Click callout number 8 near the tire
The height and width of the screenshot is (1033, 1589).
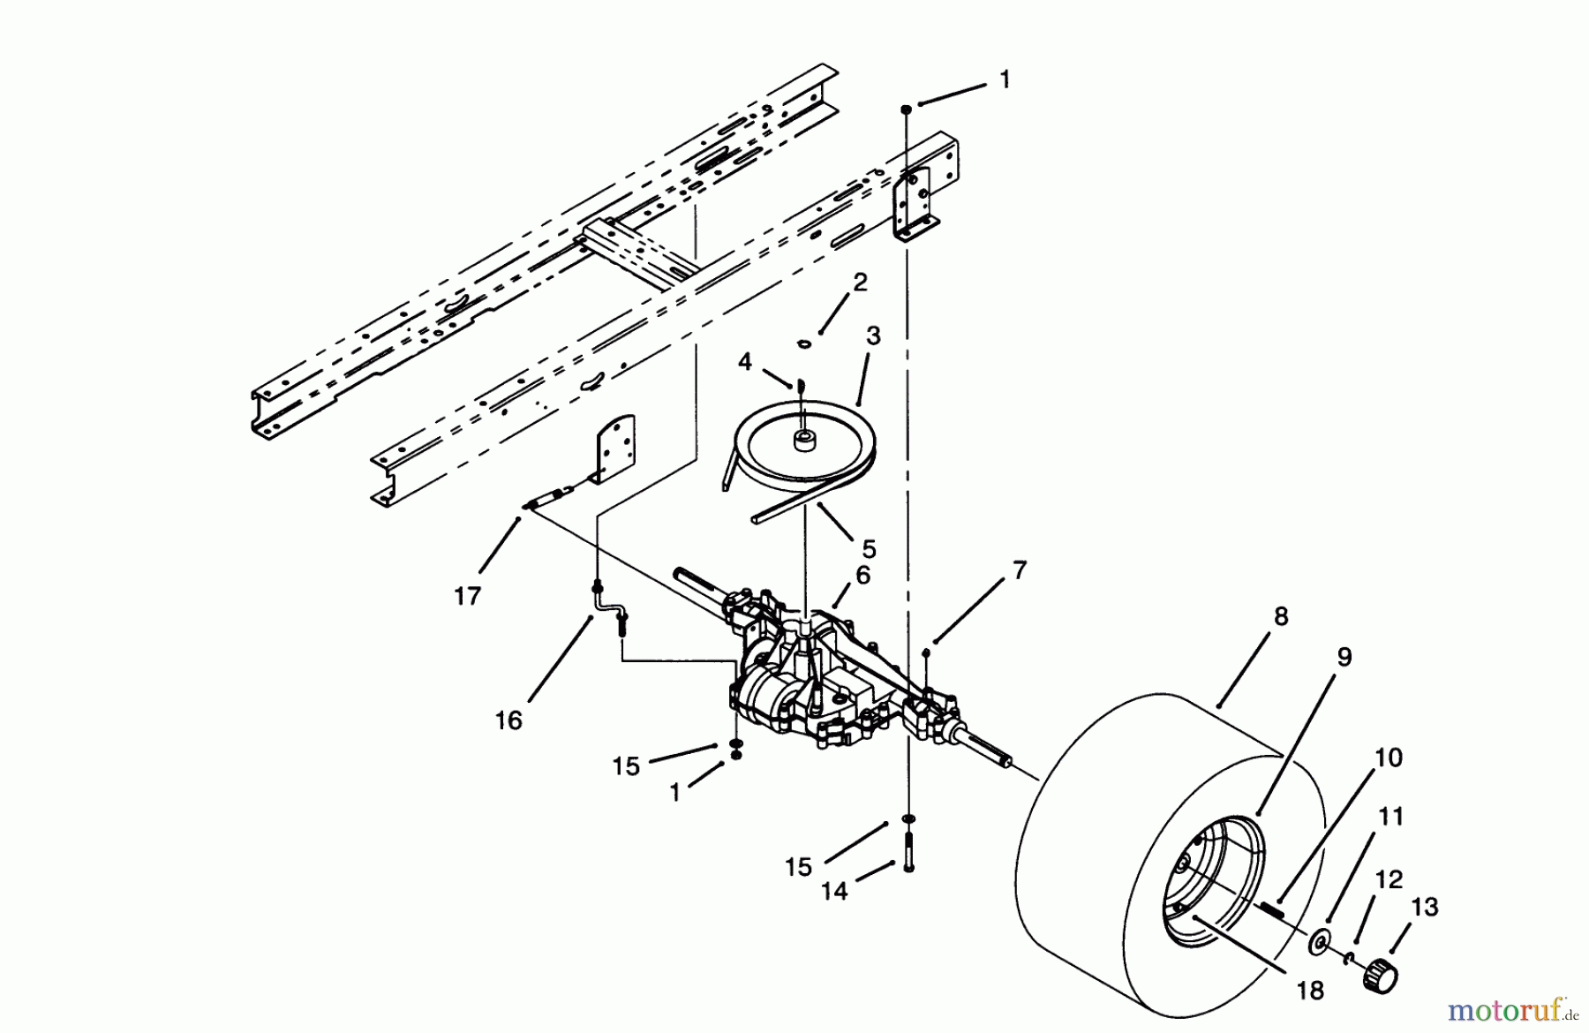coord(1281,617)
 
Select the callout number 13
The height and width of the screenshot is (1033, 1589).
coord(1424,907)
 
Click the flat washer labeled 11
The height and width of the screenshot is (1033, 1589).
coord(1320,943)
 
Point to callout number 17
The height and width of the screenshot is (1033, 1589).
coord(467,596)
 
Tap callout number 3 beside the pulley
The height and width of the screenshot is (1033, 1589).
coord(872,336)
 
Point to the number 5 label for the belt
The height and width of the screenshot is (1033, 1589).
coord(868,549)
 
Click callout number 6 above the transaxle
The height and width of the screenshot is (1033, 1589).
coord(862,575)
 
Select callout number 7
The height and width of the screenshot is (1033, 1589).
coord(1019,570)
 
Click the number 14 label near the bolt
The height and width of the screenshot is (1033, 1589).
coord(833,892)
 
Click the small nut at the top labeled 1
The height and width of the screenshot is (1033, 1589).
coord(906,108)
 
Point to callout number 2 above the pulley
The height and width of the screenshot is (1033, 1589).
coord(860,282)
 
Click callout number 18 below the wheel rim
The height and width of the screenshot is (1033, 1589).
coord(1310,992)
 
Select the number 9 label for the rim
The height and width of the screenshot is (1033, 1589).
coord(1344,657)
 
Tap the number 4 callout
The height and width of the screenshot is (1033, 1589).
coord(745,362)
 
